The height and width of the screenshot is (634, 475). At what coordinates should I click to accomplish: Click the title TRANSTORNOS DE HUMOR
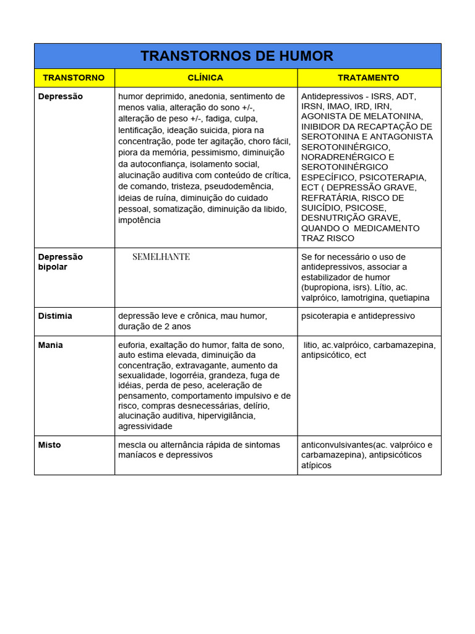237,56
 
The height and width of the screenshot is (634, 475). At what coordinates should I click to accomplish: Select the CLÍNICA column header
205,77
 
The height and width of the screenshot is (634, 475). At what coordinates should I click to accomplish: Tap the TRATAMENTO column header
369,77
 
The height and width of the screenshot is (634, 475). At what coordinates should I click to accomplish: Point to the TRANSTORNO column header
74,77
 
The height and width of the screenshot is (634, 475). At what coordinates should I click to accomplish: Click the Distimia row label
55,316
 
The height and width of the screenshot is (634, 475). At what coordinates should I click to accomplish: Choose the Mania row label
50,345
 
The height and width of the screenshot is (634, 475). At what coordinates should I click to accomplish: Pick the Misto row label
49,445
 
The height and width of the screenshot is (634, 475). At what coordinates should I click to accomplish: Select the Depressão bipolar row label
60,262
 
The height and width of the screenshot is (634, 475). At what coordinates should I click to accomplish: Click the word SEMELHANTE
161,256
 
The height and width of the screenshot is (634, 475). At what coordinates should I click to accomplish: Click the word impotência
139,220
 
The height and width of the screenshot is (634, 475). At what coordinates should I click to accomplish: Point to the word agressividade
145,426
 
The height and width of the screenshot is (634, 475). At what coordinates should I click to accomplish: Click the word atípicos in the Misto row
316,465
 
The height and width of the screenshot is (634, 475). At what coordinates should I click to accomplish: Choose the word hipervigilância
226,416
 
